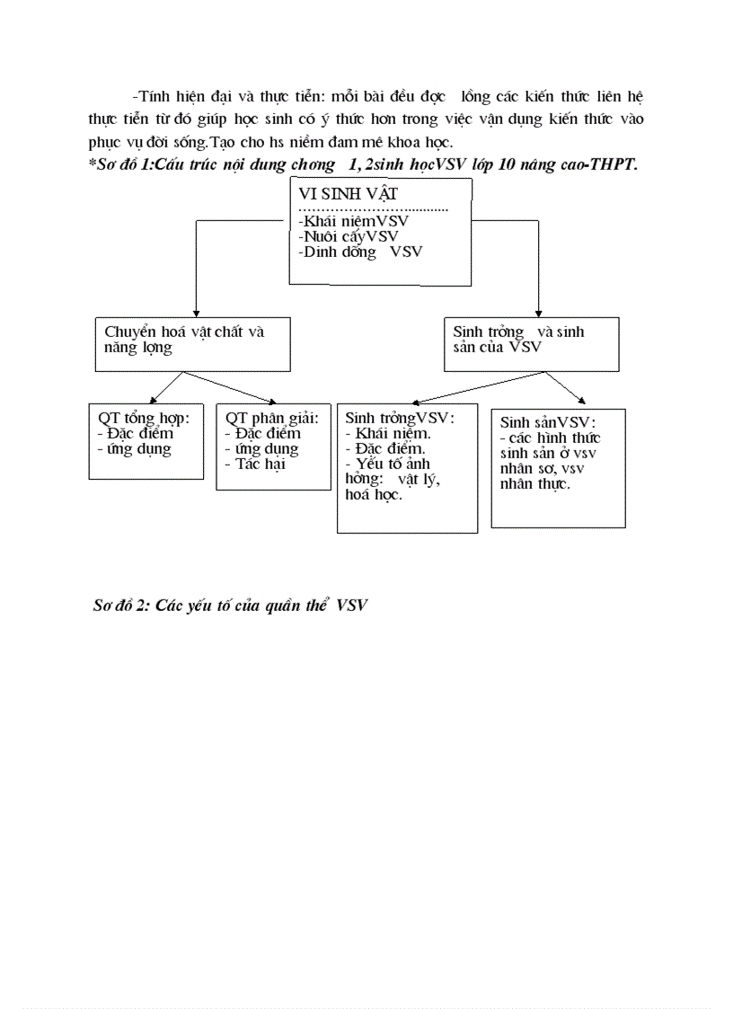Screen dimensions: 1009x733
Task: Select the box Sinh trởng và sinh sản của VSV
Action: pyautogui.click(x=531, y=343)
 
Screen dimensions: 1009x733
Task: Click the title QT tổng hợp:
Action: pyautogui.click(x=144, y=419)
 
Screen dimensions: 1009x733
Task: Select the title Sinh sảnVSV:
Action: pyautogui.click(x=548, y=423)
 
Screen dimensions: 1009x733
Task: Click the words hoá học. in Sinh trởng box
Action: pyautogui.click(x=374, y=494)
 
